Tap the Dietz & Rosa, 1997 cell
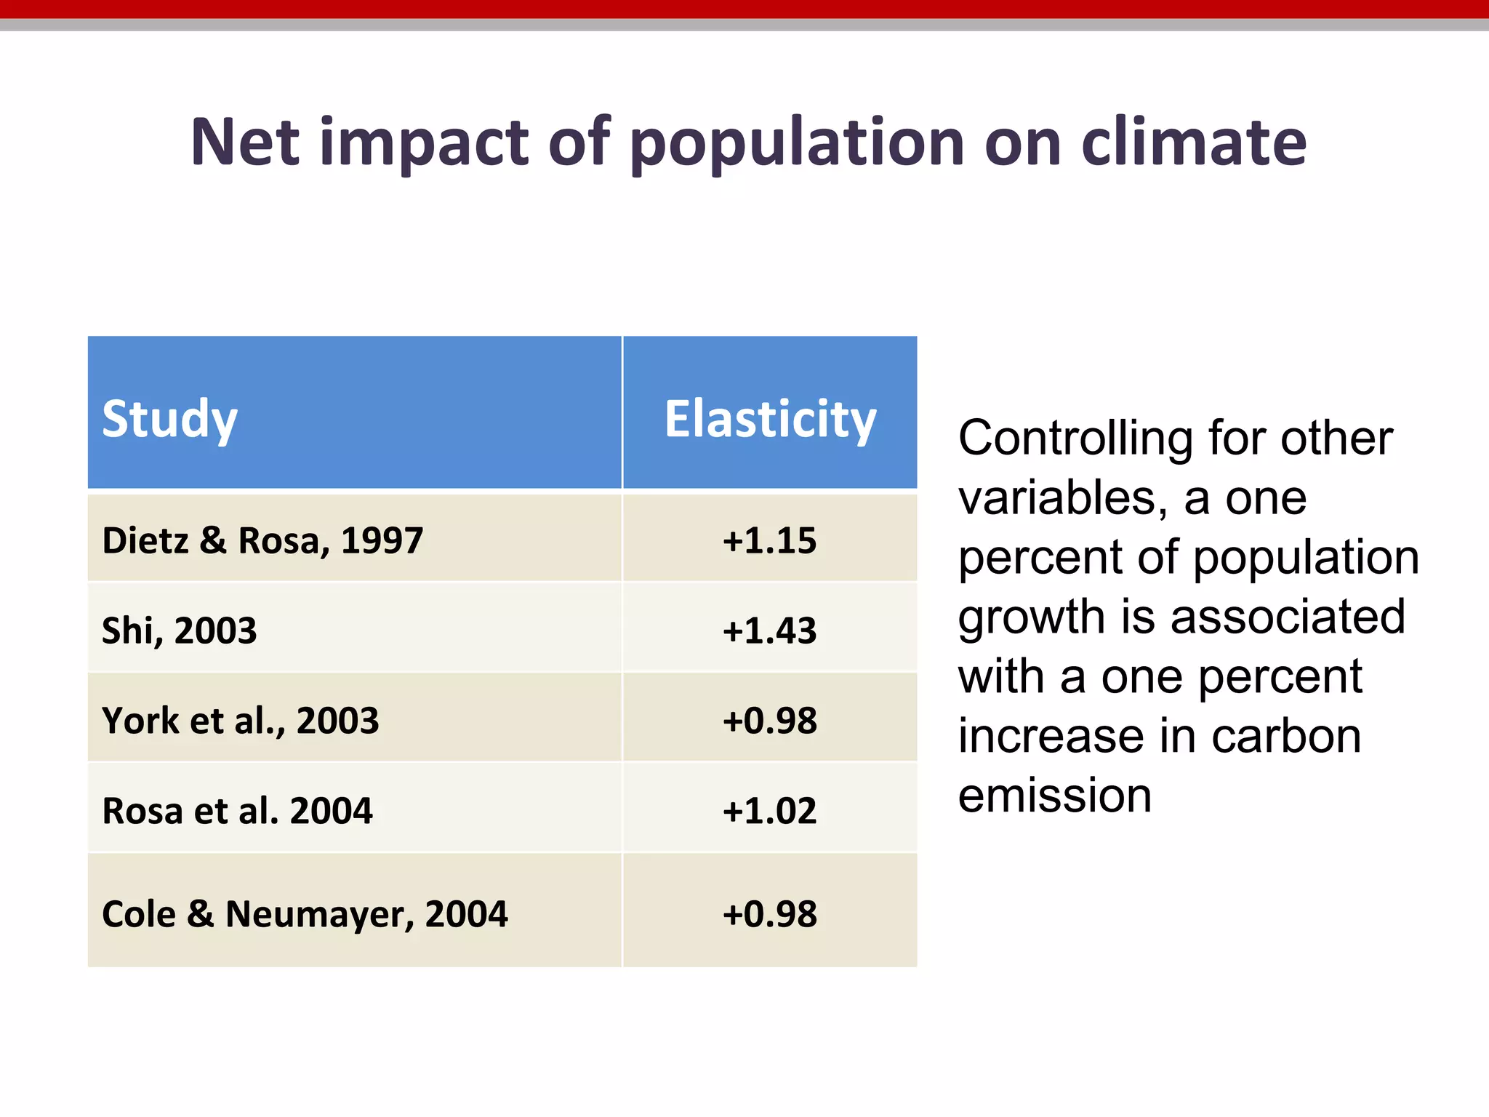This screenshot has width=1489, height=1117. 262,540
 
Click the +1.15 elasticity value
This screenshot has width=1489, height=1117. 769,540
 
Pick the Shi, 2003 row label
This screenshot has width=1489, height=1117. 179,630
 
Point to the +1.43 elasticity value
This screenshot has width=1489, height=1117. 769,630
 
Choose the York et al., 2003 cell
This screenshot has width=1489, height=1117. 240,720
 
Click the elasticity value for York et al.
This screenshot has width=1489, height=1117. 769,720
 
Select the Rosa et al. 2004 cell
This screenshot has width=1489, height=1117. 237,810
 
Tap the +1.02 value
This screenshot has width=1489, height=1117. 769,810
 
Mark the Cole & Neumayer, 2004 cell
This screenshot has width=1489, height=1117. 305,913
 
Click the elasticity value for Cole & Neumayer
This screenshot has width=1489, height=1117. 769,913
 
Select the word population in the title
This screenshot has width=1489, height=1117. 797,143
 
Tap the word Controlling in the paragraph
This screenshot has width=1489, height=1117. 1075,439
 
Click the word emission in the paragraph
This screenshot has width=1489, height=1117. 1054,796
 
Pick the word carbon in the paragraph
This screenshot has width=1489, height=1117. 1286,736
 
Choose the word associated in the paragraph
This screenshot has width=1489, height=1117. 1288,617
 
